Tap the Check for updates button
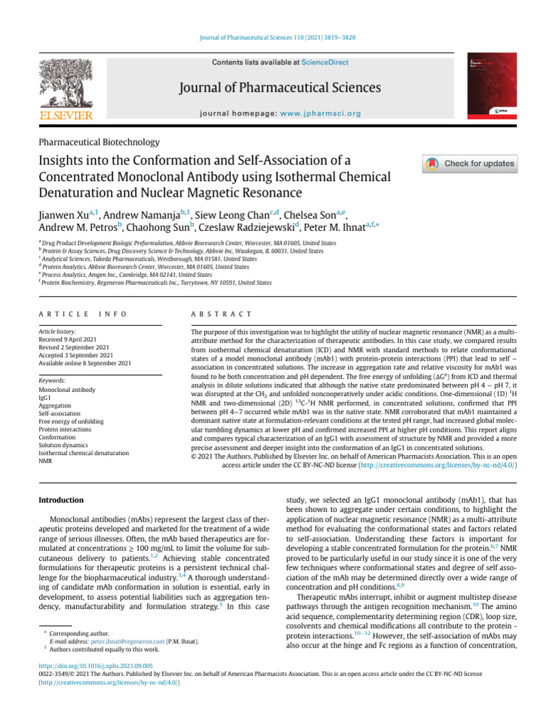pos(470,164)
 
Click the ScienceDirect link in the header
pos(325,62)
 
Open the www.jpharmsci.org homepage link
pos(321,113)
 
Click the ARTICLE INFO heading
pos(82,314)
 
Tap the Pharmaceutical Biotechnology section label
pos(99,142)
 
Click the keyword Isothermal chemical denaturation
pos(84,452)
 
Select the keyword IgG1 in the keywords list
pos(45,398)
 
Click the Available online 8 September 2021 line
pos(85,363)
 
